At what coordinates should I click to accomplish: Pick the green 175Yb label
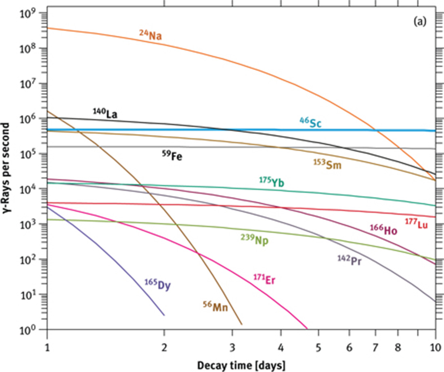click(271, 182)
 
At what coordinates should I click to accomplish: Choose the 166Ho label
click(384, 229)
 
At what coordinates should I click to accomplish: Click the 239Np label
click(255, 239)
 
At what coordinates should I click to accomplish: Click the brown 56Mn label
click(216, 307)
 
